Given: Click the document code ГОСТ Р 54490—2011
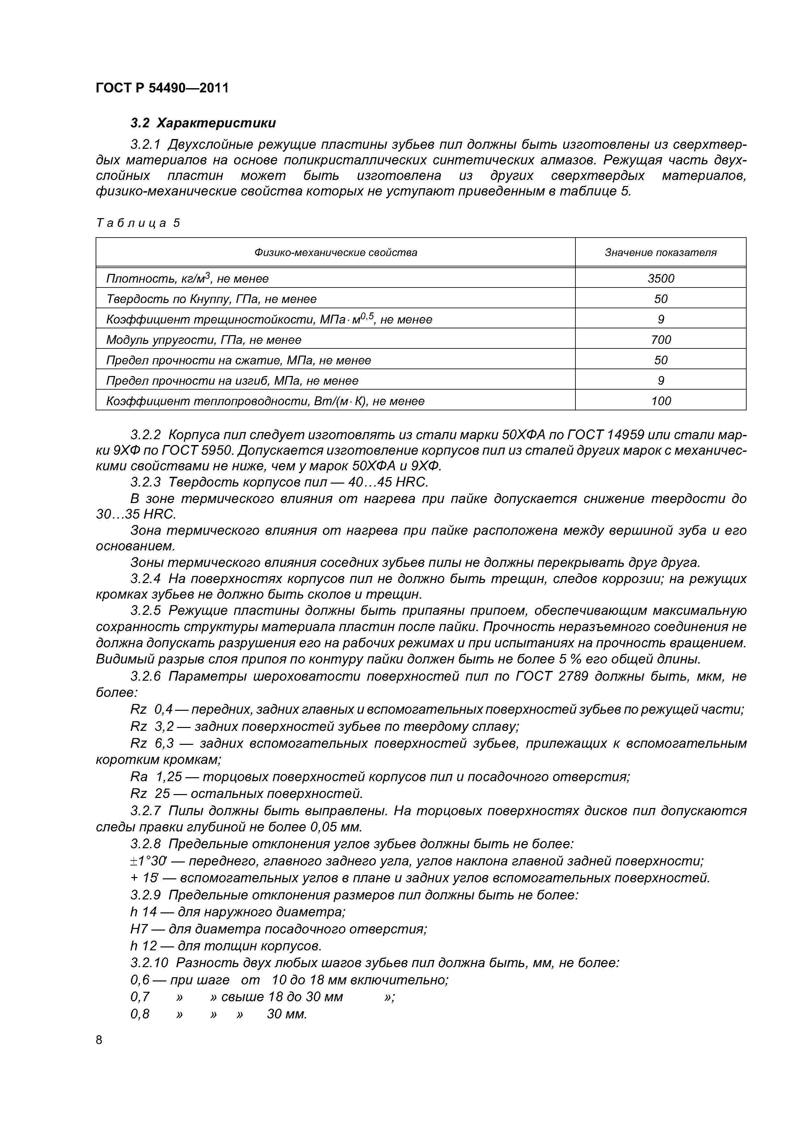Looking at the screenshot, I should tap(162, 88).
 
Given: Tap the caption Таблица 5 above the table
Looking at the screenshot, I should tap(138, 223).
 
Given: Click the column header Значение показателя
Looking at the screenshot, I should tap(660, 252).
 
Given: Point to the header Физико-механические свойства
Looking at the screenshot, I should tap(335, 252).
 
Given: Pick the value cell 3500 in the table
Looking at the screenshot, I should tap(660, 278).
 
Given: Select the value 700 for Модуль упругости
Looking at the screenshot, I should tap(660, 340).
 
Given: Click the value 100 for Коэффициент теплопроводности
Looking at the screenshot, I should tap(660, 401).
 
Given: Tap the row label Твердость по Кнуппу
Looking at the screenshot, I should tap(211, 299).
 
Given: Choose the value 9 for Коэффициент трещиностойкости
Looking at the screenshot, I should tap(660, 319).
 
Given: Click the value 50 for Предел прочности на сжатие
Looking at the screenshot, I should tap(660, 360).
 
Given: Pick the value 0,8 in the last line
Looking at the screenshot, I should tap(140, 1014).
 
